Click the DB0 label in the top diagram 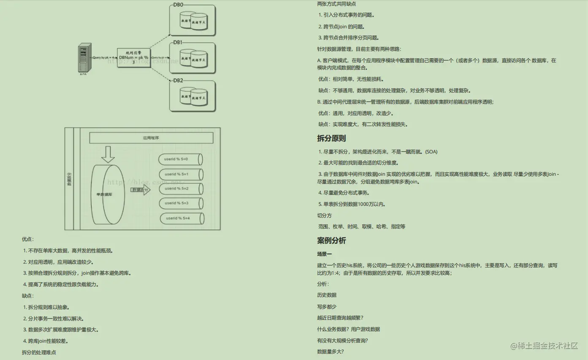[x=178, y=5]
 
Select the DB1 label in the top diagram [x=178, y=43]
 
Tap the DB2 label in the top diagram [x=178, y=80]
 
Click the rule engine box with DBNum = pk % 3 [x=133, y=57]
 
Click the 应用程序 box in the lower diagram [x=151, y=138]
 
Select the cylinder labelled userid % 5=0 [x=180, y=159]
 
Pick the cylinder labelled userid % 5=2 [x=180, y=188]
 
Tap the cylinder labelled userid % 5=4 [x=182, y=218]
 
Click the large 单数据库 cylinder [x=108, y=194]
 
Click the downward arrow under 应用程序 [x=108, y=155]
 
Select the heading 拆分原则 [x=331, y=138]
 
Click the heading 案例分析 [x=331, y=240]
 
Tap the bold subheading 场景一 [x=324, y=254]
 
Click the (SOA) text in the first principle [x=431, y=152]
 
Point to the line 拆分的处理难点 [x=39, y=352]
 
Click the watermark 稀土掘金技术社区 [x=544, y=346]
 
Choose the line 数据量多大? [x=330, y=352]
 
